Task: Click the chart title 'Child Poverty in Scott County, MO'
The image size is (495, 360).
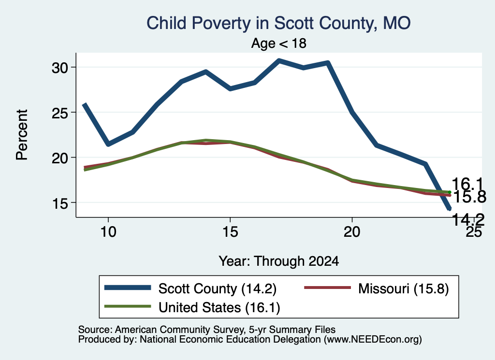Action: click(278, 23)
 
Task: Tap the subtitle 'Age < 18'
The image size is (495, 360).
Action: click(279, 43)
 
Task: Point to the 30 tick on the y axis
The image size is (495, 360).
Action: click(60, 68)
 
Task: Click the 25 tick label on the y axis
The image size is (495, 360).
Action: click(60, 113)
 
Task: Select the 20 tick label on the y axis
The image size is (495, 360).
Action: click(60, 158)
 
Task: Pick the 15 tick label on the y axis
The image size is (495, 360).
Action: click(60, 203)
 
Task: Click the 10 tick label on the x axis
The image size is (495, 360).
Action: click(108, 232)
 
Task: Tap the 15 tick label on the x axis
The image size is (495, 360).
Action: click(230, 232)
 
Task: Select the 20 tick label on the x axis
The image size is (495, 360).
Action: click(352, 232)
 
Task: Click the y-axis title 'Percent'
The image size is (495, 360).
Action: click(22, 135)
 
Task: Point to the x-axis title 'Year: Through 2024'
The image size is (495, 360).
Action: click(279, 261)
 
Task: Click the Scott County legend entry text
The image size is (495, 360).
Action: click(218, 288)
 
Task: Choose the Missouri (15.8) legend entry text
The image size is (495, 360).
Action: click(404, 288)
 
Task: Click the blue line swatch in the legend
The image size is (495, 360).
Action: click(128, 287)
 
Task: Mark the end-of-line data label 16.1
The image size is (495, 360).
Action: click(467, 184)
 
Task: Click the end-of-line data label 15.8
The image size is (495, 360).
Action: click(469, 197)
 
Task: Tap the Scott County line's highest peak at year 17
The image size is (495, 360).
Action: click(279, 60)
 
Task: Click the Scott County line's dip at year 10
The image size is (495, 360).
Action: click(108, 144)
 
